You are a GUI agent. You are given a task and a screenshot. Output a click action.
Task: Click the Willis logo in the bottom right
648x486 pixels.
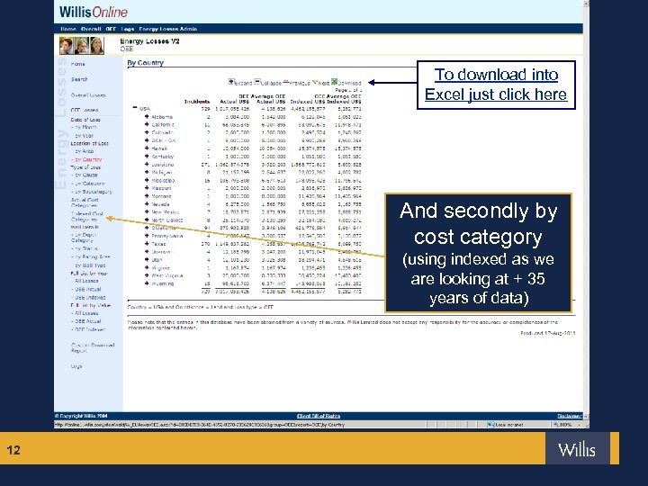pyautogui.click(x=577, y=448)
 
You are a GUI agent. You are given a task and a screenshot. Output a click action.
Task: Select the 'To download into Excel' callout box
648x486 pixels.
pyautogui.click(x=496, y=85)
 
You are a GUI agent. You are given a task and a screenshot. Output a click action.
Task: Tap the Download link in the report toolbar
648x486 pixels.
pyautogui.click(x=348, y=83)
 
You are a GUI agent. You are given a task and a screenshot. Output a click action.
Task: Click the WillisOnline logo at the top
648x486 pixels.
pyautogui.click(x=94, y=13)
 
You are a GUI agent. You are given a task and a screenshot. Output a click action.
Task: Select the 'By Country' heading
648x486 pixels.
pyautogui.click(x=145, y=64)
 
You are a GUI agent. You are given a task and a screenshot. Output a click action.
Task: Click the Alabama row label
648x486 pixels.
pyautogui.click(x=163, y=116)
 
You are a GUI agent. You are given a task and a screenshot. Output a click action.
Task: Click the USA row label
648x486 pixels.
pyautogui.click(x=146, y=108)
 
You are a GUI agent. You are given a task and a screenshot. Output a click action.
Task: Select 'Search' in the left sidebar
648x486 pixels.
pyautogui.click(x=79, y=79)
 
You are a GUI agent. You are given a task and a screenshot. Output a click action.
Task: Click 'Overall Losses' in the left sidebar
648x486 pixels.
pyautogui.click(x=88, y=94)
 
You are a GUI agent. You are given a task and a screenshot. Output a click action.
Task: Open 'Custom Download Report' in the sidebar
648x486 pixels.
pyautogui.click(x=92, y=347)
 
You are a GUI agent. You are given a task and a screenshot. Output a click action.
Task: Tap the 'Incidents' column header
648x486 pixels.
pyautogui.click(x=196, y=102)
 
